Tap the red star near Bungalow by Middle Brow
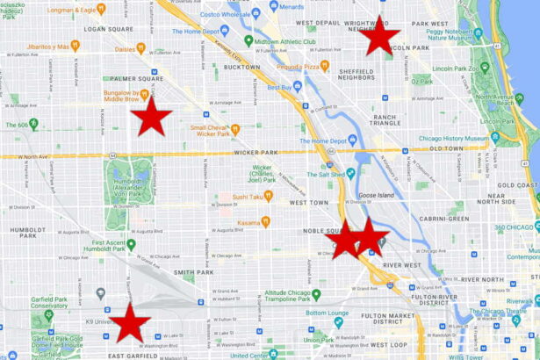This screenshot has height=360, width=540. point(151,117)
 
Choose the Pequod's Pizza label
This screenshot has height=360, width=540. point(299,65)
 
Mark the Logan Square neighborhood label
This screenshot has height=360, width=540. point(108,29)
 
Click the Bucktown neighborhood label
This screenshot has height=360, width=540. point(241,66)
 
